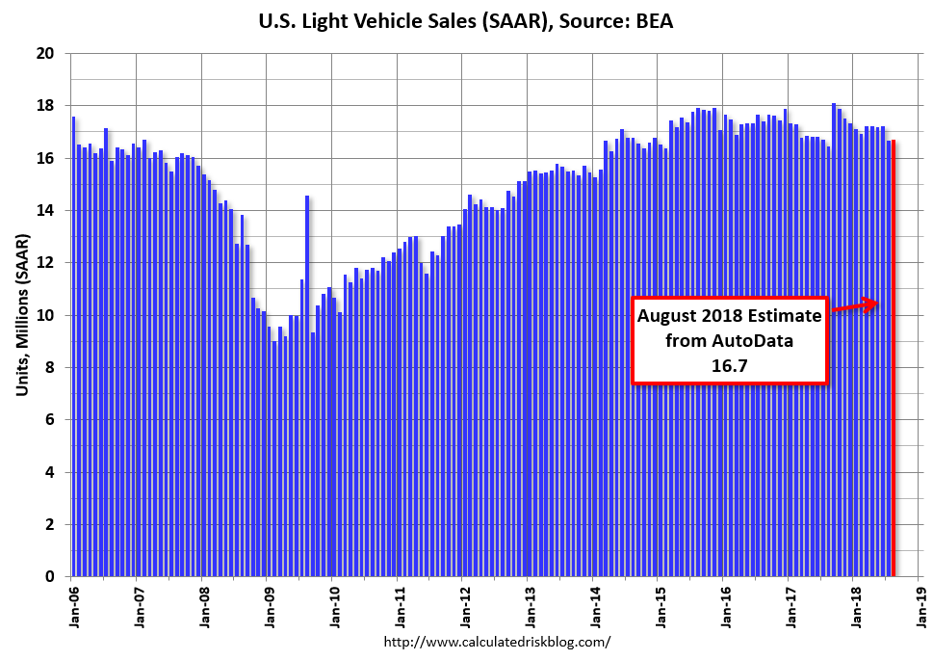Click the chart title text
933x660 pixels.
click(466, 20)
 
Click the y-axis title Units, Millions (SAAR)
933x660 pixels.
click(22, 315)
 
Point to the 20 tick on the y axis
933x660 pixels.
click(44, 53)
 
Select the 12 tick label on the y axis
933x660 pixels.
click(44, 263)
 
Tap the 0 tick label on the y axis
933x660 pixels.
click(49, 577)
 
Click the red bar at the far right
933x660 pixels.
click(894, 385)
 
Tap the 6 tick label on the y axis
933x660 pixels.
click(49, 420)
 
